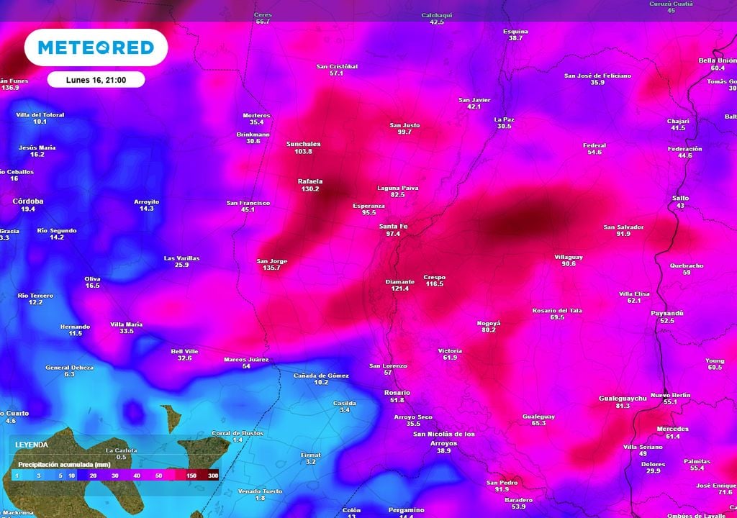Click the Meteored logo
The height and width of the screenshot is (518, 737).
[x=96, y=47]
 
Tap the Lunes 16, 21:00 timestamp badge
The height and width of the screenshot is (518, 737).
[x=96, y=79]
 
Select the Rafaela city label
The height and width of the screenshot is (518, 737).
[x=310, y=181]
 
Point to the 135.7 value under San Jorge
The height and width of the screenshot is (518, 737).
[x=271, y=268]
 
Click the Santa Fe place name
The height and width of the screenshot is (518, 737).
[x=393, y=227]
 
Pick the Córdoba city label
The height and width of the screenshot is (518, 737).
[x=28, y=201]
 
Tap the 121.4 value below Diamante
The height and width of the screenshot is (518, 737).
[x=400, y=288]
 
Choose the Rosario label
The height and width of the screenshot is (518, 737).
[x=397, y=392]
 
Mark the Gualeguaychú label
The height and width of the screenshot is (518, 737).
[x=623, y=398]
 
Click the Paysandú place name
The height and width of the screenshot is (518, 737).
[x=667, y=314]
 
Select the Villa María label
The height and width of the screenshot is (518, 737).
[x=126, y=324]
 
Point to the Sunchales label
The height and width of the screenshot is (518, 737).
[x=303, y=144]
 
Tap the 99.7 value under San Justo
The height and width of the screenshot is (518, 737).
[x=404, y=132]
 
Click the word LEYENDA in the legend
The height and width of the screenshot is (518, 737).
[x=32, y=445]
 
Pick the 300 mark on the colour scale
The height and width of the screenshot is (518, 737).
[x=213, y=476]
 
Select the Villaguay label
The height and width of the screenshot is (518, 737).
[x=569, y=257]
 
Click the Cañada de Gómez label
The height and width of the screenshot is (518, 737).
[x=321, y=376]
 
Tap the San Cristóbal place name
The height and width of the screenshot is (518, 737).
[x=337, y=66]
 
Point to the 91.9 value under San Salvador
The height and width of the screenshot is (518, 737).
[x=623, y=234]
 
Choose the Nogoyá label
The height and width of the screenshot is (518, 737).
[x=489, y=323]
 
